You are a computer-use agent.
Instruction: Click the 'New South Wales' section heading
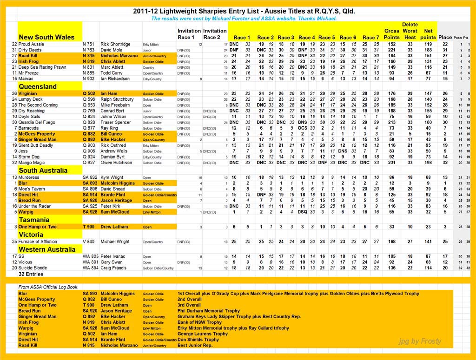[46, 37]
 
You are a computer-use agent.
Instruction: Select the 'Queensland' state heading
[38, 86]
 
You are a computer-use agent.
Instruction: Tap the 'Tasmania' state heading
[34, 220]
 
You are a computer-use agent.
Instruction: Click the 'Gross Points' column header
[392, 34]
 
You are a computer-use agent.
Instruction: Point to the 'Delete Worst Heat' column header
[410, 31]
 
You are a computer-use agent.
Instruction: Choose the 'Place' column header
[445, 37]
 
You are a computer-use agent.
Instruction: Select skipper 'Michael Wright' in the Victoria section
[116, 242]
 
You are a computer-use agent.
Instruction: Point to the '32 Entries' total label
[32, 275]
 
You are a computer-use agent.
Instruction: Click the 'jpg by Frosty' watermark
[420, 341]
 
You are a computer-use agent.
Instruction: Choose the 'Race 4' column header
[307, 38]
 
